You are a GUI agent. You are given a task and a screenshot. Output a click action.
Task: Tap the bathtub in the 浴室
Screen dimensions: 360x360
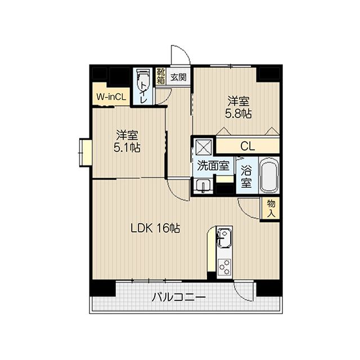(x=268, y=175)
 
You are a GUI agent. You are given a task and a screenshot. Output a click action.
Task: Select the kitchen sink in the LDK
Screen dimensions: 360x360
(x=224, y=238)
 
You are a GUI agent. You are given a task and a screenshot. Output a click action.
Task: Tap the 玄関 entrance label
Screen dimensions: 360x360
(x=179, y=75)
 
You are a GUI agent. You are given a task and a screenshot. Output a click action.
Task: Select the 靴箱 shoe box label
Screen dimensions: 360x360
(x=161, y=75)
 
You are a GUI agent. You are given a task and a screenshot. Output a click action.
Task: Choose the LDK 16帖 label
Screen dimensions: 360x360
(x=155, y=228)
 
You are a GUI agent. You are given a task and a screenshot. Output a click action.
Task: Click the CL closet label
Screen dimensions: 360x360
(x=247, y=146)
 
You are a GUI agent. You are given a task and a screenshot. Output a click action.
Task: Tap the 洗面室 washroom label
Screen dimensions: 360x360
(x=213, y=166)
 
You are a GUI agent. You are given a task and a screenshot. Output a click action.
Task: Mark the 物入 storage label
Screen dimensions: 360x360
(x=271, y=209)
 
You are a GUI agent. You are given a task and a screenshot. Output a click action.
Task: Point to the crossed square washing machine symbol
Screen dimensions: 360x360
(x=203, y=148)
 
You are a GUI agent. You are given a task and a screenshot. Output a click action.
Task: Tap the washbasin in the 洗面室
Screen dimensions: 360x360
(x=202, y=186)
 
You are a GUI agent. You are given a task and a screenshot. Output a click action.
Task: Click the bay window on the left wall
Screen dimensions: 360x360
(x=85, y=152)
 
